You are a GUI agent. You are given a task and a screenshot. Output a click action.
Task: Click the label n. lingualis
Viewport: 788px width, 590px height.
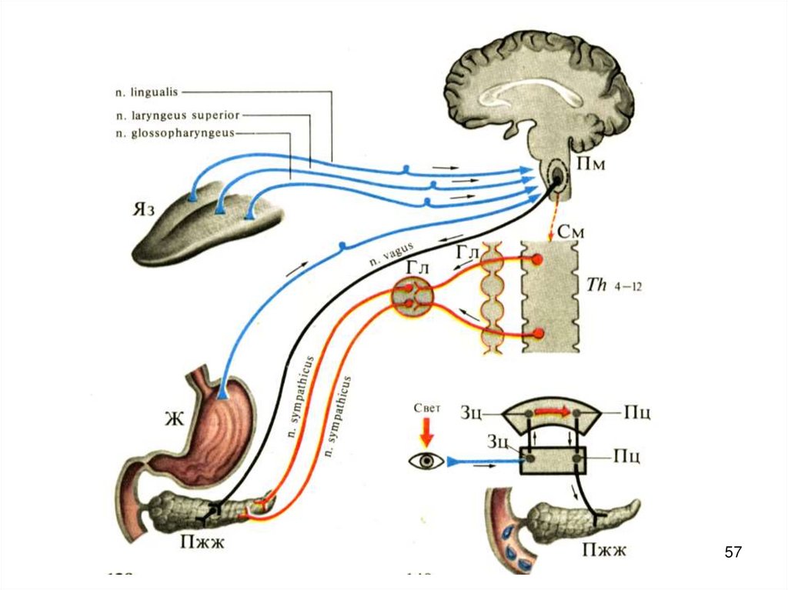(x=146, y=92)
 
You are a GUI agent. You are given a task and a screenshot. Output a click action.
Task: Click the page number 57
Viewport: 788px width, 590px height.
(x=733, y=552)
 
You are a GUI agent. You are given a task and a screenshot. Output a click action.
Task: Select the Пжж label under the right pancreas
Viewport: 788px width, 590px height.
(x=604, y=548)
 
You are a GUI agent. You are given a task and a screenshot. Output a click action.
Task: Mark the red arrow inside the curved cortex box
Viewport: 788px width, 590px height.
(x=555, y=412)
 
